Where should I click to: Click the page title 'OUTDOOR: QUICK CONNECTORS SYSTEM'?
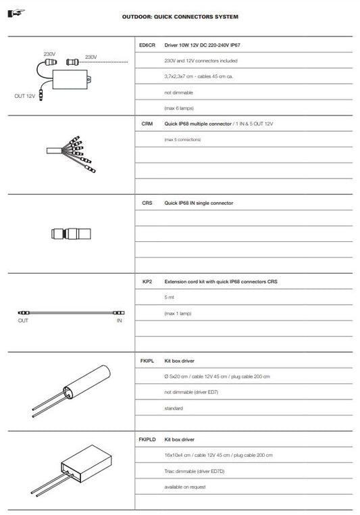pos(180,16)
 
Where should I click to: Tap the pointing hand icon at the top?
pos(14,12)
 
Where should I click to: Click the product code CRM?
pos(147,124)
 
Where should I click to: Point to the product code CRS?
pos(147,203)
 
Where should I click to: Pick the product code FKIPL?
pos(147,362)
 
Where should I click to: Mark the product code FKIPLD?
pos(147,439)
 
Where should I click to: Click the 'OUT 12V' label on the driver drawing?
pos(24,97)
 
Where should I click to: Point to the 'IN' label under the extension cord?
pos(120,321)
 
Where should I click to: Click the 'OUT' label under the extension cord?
pos(23,321)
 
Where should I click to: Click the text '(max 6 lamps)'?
pos(177,107)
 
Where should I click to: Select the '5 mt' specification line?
pos(169,297)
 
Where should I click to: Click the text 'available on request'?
pos(184,487)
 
